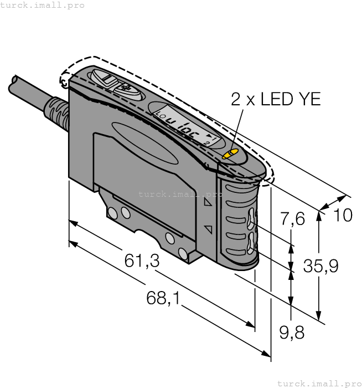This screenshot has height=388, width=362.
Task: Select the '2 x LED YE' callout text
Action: click(x=276, y=100)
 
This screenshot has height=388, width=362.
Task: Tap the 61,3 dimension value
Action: click(x=142, y=261)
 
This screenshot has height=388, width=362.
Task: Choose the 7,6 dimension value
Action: click(x=293, y=219)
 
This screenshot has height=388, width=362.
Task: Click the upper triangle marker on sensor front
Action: click(x=208, y=203)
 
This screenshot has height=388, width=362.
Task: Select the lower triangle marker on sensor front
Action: click(x=208, y=228)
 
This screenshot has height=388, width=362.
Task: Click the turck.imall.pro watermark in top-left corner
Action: click(x=43, y=5)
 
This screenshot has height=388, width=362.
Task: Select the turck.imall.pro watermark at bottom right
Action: click(x=318, y=383)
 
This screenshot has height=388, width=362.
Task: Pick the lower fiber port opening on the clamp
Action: click(x=252, y=242)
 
